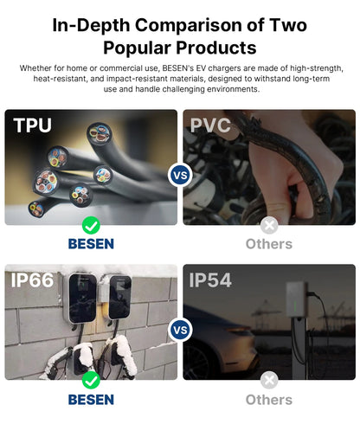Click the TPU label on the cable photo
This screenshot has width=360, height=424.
click(32, 125)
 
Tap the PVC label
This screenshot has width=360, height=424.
click(210, 125)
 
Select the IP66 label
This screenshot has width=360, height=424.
click(32, 279)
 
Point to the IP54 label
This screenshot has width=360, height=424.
click(210, 279)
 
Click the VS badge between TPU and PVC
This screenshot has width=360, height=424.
click(180, 175)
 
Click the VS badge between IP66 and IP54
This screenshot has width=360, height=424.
click(180, 330)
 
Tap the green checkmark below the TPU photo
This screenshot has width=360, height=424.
click(91, 225)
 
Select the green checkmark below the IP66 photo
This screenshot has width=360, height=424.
click(91, 380)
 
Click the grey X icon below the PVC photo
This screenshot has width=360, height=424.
click(269, 225)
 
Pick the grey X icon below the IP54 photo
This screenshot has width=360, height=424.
click(269, 380)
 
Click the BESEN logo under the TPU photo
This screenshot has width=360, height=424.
click(91, 244)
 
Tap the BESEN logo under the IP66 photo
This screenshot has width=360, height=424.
click(91, 400)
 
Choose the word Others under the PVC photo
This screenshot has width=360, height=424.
click(269, 244)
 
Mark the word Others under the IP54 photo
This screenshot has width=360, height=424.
click(269, 400)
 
